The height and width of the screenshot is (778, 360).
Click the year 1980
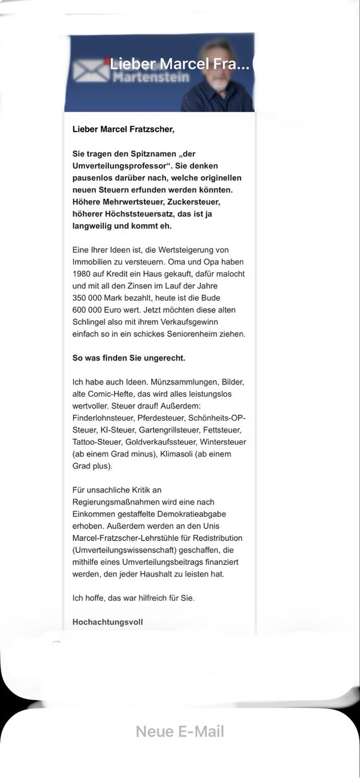click(x=82, y=274)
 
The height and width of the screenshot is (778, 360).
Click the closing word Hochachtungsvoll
click(x=108, y=620)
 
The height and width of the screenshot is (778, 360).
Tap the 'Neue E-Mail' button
click(x=180, y=732)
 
